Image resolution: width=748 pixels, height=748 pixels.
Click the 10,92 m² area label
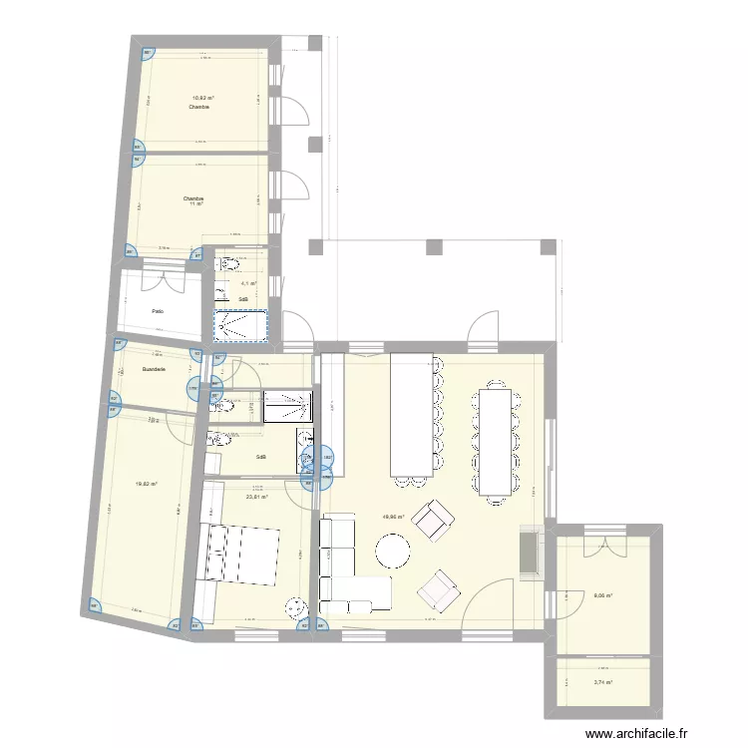(x=203, y=98)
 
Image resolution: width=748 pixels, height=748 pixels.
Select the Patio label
(x=158, y=311)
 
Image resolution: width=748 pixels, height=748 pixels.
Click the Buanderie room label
(x=155, y=369)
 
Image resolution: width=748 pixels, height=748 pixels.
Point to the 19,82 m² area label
(x=147, y=484)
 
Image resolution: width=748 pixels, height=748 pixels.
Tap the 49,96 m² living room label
(x=394, y=517)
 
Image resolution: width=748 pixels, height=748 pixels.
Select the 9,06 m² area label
(x=602, y=596)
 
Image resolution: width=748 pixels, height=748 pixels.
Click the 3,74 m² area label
(x=602, y=683)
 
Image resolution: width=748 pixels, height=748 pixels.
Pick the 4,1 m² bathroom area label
(x=245, y=283)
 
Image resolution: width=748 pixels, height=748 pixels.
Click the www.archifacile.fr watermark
(x=637, y=734)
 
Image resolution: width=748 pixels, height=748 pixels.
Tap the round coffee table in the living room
(x=393, y=551)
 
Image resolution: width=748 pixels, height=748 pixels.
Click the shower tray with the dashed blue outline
(x=240, y=324)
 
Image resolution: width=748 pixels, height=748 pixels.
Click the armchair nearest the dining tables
(x=432, y=519)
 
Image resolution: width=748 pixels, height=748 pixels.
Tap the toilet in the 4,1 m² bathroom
(x=228, y=264)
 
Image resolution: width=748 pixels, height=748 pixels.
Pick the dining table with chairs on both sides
(x=497, y=441)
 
